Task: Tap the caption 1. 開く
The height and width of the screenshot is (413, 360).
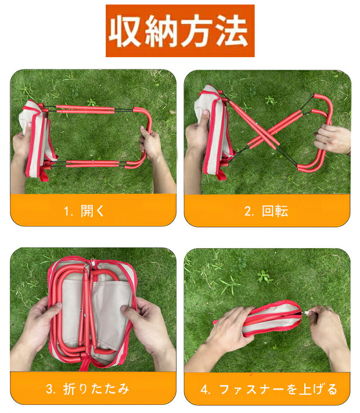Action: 84,210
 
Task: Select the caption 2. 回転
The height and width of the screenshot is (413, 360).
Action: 266,211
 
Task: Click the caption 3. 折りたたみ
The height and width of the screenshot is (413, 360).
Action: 87,389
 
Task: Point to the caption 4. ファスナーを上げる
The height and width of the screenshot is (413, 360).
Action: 269,389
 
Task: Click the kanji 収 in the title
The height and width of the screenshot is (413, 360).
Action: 125,31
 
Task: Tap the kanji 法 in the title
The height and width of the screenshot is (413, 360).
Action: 232,31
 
